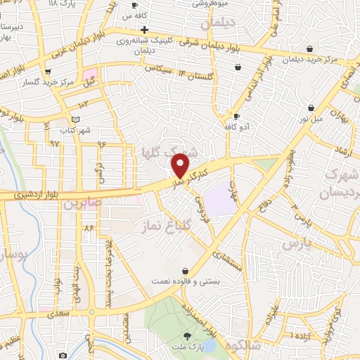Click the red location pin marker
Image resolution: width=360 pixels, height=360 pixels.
tap(181, 166)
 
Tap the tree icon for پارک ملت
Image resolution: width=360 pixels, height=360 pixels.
tap(187, 335)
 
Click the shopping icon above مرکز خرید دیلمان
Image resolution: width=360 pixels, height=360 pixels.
tap(310, 49)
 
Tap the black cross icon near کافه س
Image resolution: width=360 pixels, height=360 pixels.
tap(145, 30)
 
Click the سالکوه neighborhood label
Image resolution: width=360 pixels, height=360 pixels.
tap(244, 344)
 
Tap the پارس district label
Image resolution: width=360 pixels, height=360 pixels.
tap(296, 244)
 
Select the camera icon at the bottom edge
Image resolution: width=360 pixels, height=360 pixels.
tap(63, 356)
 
